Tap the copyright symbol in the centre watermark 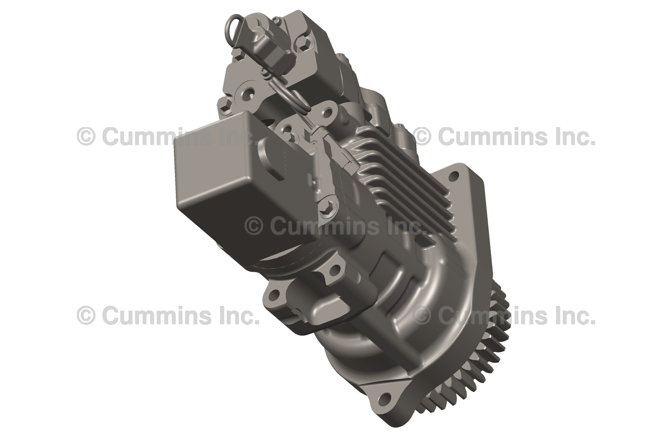pyautogui.click(x=254, y=226)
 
